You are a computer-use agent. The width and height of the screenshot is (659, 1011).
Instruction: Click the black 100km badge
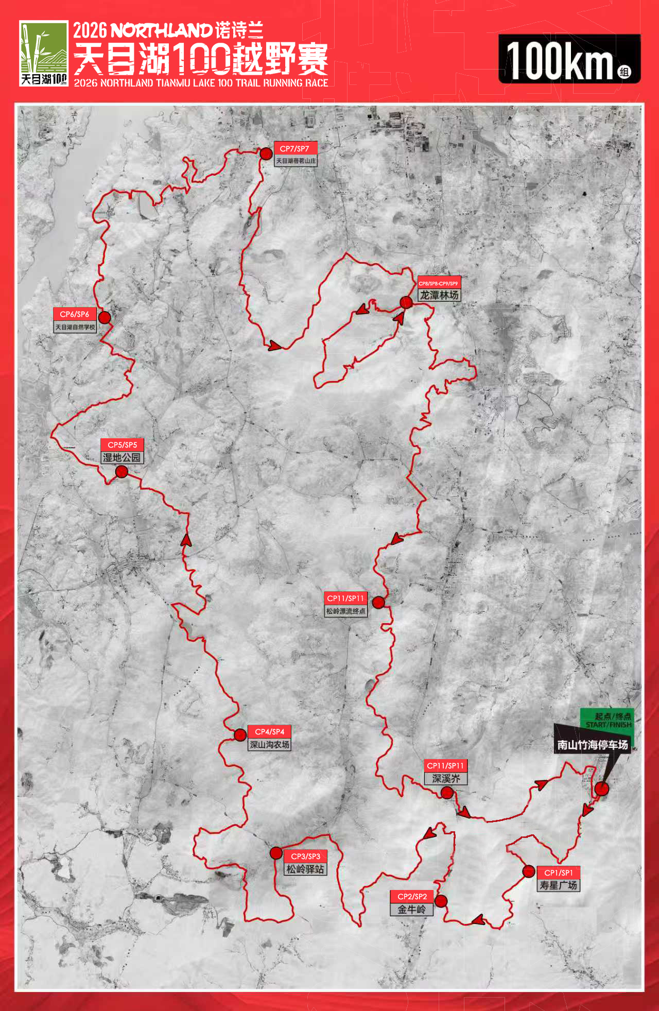(x=569, y=59)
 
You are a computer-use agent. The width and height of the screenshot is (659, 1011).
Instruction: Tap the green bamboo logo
(x=44, y=53)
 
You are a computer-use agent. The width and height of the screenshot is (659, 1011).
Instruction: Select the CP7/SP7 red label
(x=294, y=148)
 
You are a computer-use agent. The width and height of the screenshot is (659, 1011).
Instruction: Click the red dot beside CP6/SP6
(x=105, y=317)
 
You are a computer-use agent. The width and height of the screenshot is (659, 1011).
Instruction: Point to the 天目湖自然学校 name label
(x=75, y=327)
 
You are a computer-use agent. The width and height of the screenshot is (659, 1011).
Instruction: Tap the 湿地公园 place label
(x=122, y=457)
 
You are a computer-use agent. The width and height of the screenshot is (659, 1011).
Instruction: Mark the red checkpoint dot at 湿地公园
(x=122, y=471)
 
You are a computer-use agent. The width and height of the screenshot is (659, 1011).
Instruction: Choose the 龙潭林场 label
(x=439, y=295)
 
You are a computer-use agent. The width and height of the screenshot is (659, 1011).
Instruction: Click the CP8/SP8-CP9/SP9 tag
(x=438, y=283)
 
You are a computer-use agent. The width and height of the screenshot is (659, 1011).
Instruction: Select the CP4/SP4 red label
(x=269, y=731)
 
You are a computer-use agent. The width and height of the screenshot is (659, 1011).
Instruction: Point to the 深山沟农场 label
(x=269, y=745)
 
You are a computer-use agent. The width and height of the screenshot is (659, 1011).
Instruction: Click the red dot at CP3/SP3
(x=276, y=853)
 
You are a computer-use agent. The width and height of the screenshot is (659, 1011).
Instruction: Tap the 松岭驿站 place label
(x=305, y=869)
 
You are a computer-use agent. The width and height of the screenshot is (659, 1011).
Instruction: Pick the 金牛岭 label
(x=411, y=910)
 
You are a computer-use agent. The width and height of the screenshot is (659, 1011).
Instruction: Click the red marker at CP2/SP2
(x=441, y=901)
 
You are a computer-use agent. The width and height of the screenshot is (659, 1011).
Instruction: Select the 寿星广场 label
(x=558, y=885)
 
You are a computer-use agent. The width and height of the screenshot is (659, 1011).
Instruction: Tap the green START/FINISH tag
(x=608, y=719)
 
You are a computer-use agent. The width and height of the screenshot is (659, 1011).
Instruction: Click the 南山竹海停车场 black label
(x=592, y=745)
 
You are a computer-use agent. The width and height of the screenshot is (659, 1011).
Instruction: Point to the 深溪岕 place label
(x=446, y=779)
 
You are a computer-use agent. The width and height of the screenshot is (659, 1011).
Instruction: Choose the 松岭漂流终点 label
(x=345, y=611)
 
